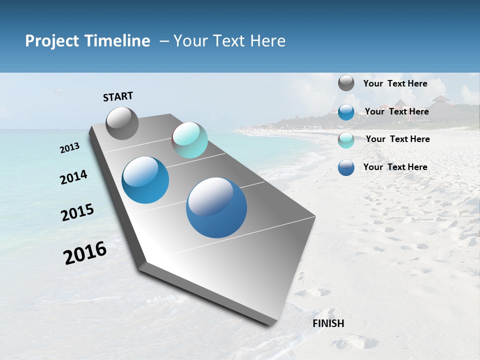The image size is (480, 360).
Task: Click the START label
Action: [118, 96]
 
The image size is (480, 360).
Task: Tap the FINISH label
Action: [328, 323]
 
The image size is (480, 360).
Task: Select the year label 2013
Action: [70, 147]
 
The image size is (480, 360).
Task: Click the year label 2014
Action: [73, 177]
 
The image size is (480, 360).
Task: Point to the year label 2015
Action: [77, 212]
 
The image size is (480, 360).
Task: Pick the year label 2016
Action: [85, 252]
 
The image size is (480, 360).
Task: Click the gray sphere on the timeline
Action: [122, 123]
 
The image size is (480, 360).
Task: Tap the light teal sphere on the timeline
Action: [189, 140]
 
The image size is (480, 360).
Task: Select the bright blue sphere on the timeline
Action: [145, 180]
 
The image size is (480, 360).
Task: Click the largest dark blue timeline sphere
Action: [216, 207]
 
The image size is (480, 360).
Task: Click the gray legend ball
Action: [346, 83]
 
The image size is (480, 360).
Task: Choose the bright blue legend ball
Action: [346, 112]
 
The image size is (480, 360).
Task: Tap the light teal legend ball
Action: [346, 140]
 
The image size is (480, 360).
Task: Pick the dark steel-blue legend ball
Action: [346, 167]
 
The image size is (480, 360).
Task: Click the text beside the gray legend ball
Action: [395, 83]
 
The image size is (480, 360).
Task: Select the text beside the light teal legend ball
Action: [397, 139]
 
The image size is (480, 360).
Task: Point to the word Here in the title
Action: [267, 41]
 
